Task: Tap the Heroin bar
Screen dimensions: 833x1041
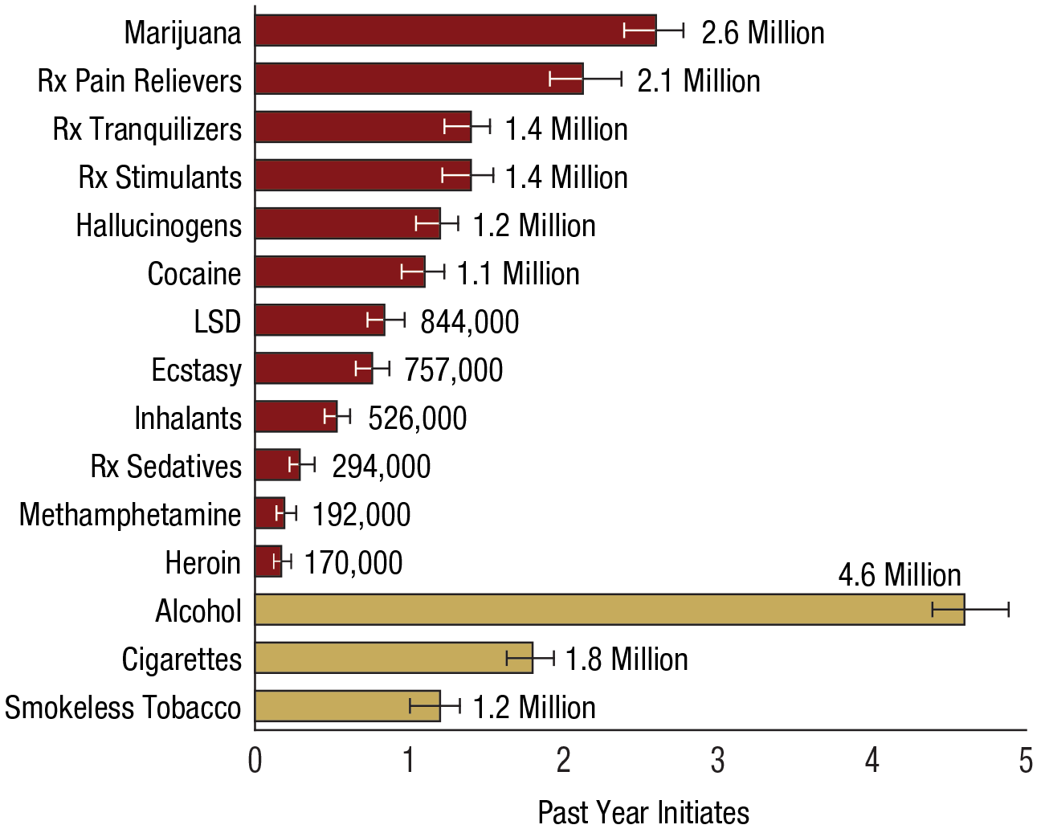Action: click(x=268, y=561)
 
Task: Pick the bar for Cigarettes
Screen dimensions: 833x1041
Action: click(x=394, y=658)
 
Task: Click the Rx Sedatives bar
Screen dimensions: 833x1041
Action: click(x=277, y=465)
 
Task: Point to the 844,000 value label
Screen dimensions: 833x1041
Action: click(x=469, y=321)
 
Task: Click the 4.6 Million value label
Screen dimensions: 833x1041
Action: click(x=900, y=575)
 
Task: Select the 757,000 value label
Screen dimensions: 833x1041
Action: click(x=453, y=370)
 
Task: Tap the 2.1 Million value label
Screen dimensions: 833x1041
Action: click(x=699, y=80)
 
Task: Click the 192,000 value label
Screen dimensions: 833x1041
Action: click(x=361, y=514)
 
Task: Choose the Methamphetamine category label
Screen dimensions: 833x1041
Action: click(x=129, y=514)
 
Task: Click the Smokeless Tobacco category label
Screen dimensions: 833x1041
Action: click(x=122, y=707)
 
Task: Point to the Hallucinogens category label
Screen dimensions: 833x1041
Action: click(x=158, y=225)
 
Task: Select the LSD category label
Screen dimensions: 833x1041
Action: click(x=217, y=321)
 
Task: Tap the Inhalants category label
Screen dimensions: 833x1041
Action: click(x=187, y=418)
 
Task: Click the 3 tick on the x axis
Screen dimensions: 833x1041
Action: click(x=717, y=760)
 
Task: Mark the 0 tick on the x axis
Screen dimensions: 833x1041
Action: click(x=255, y=760)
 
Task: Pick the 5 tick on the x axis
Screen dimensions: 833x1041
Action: click(x=1025, y=760)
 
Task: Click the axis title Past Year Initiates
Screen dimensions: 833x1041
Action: click(x=643, y=812)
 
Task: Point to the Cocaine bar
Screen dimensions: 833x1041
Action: click(x=340, y=272)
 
